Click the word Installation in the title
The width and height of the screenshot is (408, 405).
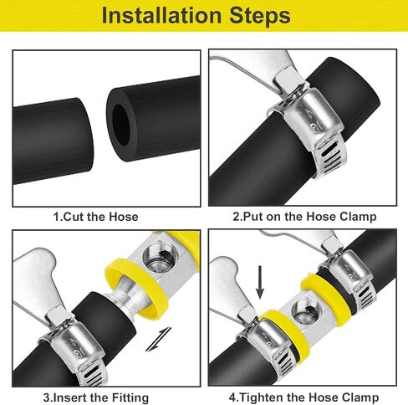pyautogui.click(x=161, y=15)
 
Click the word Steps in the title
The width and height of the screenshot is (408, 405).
pyautogui.click(x=260, y=16)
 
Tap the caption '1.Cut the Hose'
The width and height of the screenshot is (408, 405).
pyautogui.click(x=95, y=217)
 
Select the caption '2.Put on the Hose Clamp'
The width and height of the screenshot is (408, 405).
pyautogui.click(x=304, y=217)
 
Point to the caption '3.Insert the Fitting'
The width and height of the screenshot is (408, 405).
pyautogui.click(x=96, y=397)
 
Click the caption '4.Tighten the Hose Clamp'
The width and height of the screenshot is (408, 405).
pyautogui.click(x=303, y=397)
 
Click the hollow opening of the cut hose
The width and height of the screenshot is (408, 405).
pyautogui.click(x=121, y=125)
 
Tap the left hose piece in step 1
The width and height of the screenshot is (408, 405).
pyautogui.click(x=53, y=141)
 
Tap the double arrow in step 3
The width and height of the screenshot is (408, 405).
pyautogui.click(x=159, y=339)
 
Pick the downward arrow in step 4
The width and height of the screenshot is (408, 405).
pyautogui.click(x=260, y=282)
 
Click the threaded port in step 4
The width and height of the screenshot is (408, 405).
pyautogui.click(x=304, y=311)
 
